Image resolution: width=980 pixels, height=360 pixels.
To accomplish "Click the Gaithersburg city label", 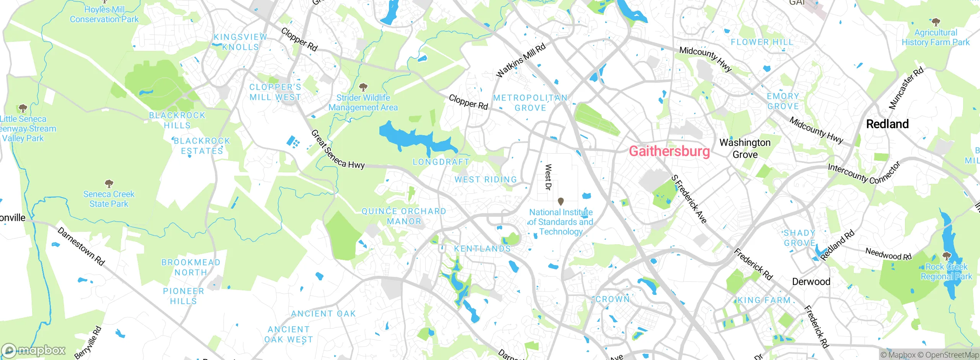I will [x=669, y=151].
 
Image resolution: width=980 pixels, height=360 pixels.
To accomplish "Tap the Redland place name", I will [x=887, y=124].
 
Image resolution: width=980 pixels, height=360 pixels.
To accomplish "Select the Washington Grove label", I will [x=745, y=149].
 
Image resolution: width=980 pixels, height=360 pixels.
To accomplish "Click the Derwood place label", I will [x=811, y=282].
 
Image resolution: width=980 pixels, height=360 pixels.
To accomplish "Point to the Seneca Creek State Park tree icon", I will [x=109, y=183].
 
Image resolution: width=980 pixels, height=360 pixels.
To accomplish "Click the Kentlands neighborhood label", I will [x=482, y=249].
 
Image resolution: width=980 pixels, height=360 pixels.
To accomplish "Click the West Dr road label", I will [x=548, y=177].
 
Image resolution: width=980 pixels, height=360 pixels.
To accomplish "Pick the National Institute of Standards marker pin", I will [x=561, y=201].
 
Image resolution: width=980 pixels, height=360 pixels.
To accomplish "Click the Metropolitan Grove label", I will [x=530, y=103].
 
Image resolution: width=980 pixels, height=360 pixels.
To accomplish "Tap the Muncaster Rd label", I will [x=906, y=88].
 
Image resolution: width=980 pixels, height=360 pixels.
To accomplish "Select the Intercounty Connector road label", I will [x=864, y=173].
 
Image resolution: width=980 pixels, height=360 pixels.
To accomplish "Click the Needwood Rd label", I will [x=889, y=254].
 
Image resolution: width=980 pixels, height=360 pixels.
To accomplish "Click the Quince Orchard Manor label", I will [x=404, y=216].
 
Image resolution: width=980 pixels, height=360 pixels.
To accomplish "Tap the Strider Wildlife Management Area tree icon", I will [x=363, y=87].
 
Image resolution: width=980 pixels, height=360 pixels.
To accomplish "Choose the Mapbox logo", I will [x=34, y=350].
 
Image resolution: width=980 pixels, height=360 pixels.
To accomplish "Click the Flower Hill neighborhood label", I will [x=762, y=42].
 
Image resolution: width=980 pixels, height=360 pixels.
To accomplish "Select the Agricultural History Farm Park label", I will [x=935, y=38].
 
